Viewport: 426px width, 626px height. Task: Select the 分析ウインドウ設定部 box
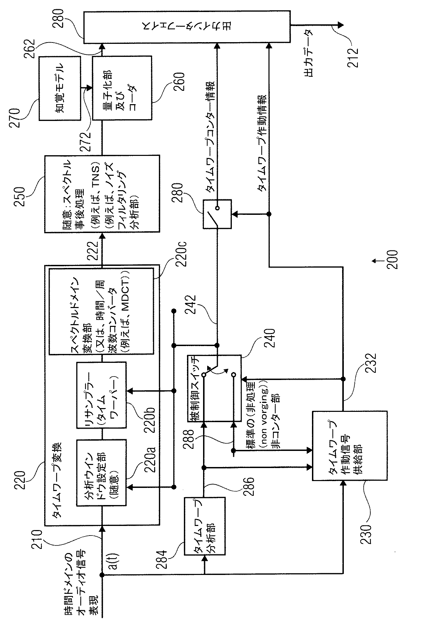click(x=101, y=473)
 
